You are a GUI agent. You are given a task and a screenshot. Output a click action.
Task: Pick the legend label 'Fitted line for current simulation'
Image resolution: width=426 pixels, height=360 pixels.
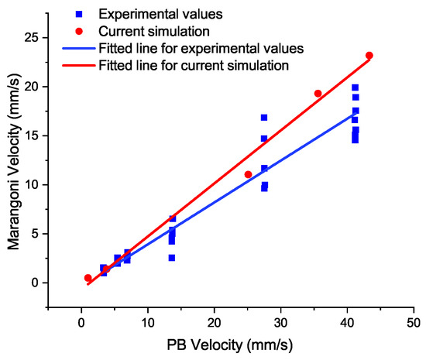[194, 66]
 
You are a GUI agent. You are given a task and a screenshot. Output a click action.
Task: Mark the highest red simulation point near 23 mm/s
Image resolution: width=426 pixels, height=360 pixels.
[369, 55]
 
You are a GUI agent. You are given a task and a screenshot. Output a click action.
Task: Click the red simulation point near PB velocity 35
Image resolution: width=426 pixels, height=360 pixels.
[318, 93]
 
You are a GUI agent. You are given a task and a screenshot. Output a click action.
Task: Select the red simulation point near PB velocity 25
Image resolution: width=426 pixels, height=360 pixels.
[248, 174]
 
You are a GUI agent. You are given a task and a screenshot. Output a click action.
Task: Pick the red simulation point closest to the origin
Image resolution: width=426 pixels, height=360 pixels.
[88, 278]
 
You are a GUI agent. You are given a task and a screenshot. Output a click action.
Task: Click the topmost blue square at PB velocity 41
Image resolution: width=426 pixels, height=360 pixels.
[355, 87]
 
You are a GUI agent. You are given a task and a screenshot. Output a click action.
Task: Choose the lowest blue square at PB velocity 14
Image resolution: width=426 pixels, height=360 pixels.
[172, 257]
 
